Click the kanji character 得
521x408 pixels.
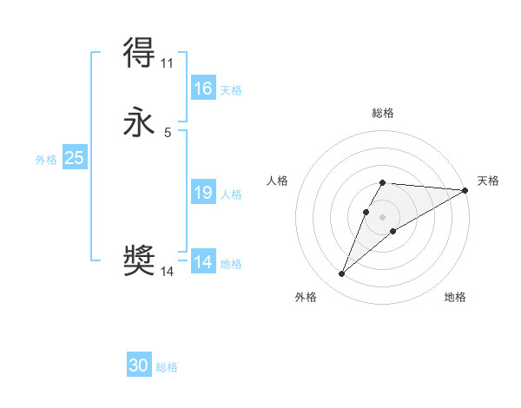140,54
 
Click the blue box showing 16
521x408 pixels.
203,89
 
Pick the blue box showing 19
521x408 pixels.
203,193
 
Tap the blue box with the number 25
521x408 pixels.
75,158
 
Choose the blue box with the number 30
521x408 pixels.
139,366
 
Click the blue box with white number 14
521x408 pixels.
203,262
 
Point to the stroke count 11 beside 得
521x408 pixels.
167,63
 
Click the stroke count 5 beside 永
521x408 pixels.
167,133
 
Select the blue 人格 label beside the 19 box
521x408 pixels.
231,194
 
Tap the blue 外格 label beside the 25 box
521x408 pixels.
46,160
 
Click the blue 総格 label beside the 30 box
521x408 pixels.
167,368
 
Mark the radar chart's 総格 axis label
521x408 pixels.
383,113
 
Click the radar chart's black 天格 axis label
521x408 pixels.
488,181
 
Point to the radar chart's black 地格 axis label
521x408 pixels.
455,298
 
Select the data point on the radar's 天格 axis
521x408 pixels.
465,190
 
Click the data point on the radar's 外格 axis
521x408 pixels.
342,274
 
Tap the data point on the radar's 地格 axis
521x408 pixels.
393,231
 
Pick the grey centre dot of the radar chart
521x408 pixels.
383,217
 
